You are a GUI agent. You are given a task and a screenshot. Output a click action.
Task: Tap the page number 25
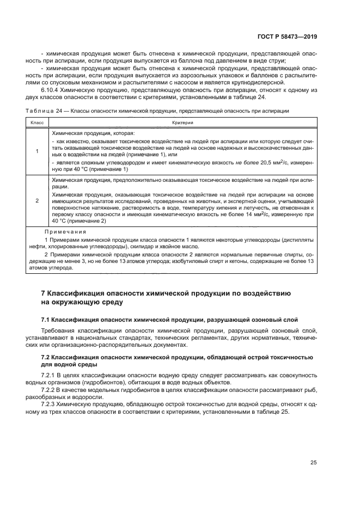314,462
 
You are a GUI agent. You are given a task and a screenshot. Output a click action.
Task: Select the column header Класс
36,124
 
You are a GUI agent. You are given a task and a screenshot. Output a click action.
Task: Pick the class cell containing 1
36,151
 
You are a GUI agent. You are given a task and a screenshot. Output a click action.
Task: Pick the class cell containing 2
36,200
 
